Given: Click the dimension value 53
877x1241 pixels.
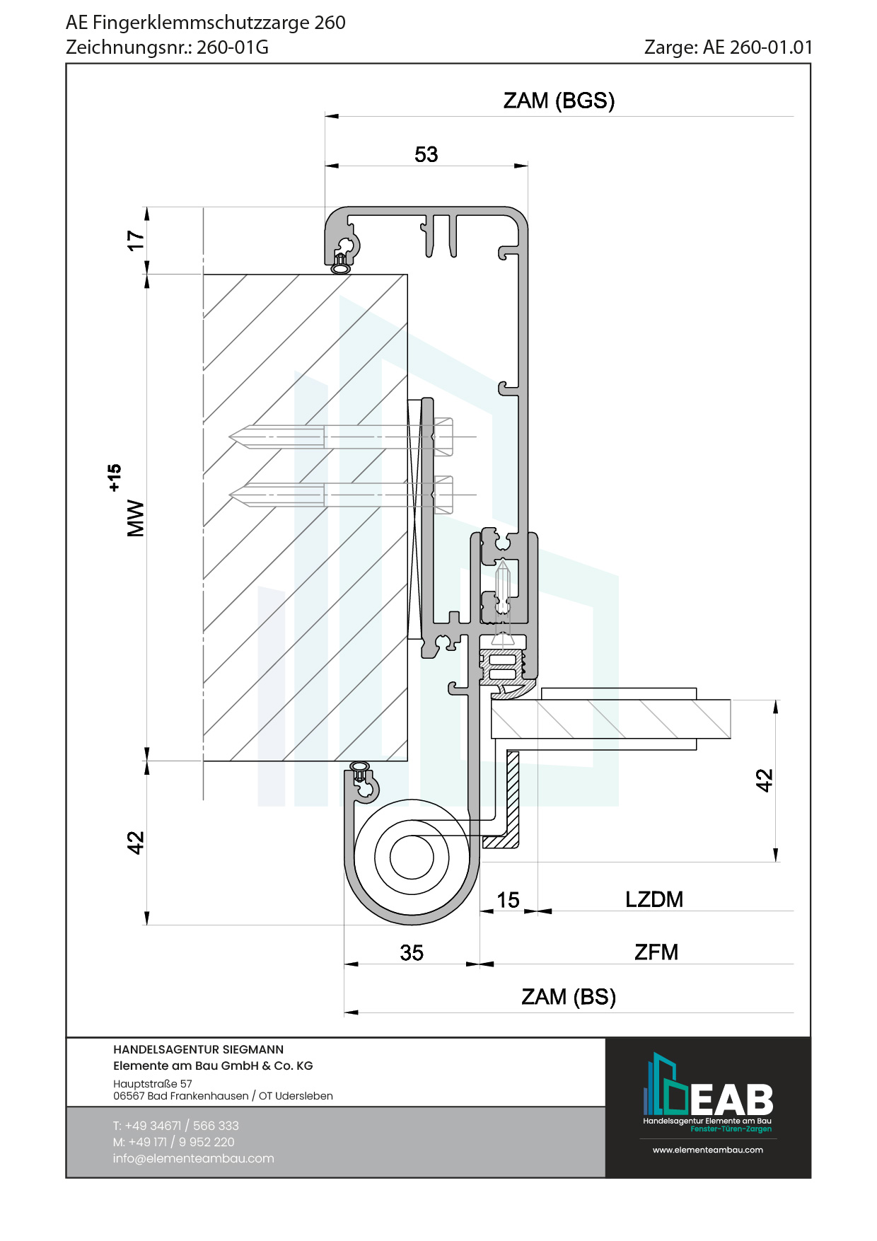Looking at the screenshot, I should (x=426, y=154).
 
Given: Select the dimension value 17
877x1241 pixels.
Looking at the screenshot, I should (x=135, y=240).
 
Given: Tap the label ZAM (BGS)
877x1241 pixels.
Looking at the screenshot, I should (x=559, y=100).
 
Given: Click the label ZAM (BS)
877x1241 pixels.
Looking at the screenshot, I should (x=569, y=997).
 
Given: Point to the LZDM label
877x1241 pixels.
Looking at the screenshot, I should (x=654, y=899).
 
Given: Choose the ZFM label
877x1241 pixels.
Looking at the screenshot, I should (x=656, y=952).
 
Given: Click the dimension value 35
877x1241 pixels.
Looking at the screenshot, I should (x=412, y=953).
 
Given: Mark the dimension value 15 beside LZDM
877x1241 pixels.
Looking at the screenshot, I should (x=508, y=900).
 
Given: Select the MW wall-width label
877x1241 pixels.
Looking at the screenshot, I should (x=135, y=519).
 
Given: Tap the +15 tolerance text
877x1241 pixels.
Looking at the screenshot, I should (x=115, y=478).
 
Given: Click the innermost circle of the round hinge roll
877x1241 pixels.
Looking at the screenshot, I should (x=412, y=857).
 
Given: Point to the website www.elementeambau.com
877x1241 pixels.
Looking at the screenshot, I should (x=707, y=1150).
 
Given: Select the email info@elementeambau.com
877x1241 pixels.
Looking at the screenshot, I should (x=193, y=1158).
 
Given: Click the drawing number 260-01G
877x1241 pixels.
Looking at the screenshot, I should (x=232, y=47).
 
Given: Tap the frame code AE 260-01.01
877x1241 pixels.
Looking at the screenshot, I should (x=757, y=47).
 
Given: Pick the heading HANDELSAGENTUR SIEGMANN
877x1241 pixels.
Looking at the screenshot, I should (x=198, y=1049).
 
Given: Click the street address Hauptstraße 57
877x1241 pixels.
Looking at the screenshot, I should (x=152, y=1083).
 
